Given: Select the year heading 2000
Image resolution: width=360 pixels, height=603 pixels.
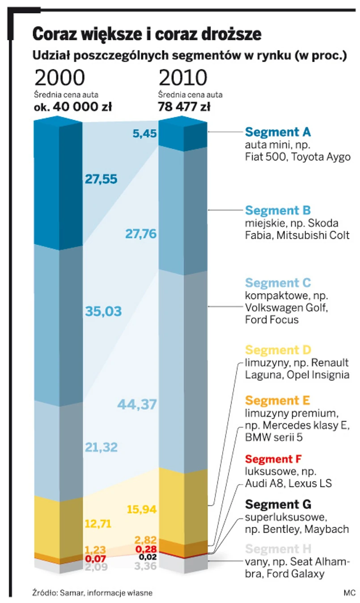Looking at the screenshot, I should pyautogui.click(x=59, y=78).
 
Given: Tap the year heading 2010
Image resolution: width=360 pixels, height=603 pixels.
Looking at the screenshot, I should pyautogui.click(x=183, y=78).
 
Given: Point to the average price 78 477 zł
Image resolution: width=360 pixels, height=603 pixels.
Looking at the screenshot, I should pyautogui.click(x=184, y=107).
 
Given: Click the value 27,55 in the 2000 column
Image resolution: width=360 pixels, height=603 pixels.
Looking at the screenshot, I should pyautogui.click(x=101, y=179).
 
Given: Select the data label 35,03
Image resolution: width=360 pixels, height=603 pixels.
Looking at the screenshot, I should pyautogui.click(x=103, y=311).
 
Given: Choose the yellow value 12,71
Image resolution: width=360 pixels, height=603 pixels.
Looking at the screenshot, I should pyautogui.click(x=97, y=523).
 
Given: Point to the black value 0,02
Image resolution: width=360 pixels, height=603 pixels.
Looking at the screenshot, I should pyautogui.click(x=148, y=557).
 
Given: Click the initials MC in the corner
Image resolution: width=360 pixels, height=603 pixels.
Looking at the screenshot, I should pyautogui.click(x=349, y=593).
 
